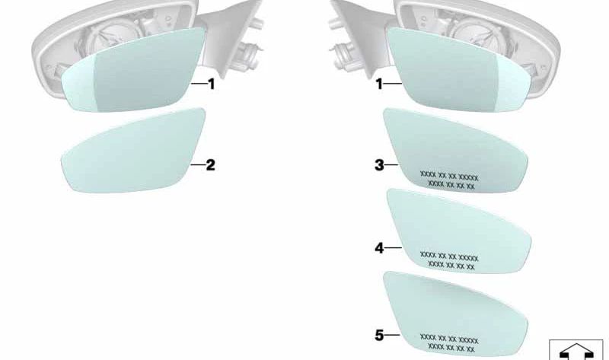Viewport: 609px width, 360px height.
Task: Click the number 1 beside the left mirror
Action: coord(212,84)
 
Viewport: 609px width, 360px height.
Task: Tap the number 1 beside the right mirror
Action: coord(379,84)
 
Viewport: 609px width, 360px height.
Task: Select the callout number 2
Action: coord(210,165)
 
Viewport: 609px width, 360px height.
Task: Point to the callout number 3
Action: coord(379,165)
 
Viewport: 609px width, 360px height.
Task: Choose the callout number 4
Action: coord(379,248)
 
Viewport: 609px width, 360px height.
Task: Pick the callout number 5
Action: coord(379,335)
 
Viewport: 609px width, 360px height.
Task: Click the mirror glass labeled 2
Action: coord(133,150)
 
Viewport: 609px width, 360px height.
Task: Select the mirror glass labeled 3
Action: coord(455,150)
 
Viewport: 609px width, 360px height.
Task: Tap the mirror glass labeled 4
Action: coord(459,231)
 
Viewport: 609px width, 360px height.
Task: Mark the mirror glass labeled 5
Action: coord(455,314)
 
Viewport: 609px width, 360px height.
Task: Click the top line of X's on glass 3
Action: coord(449,177)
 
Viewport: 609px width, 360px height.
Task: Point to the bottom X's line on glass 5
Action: coord(451,349)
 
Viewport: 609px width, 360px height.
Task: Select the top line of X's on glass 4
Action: coord(449,257)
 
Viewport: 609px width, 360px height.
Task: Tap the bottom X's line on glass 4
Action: coord(451,266)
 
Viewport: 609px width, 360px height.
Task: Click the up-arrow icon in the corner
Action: coord(576,351)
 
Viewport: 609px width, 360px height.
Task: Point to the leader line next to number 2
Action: coord(198,165)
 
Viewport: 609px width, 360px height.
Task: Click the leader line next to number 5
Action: coord(393,335)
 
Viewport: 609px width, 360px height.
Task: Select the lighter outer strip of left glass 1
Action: coord(80,86)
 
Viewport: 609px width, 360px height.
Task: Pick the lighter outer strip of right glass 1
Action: coord(512,86)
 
